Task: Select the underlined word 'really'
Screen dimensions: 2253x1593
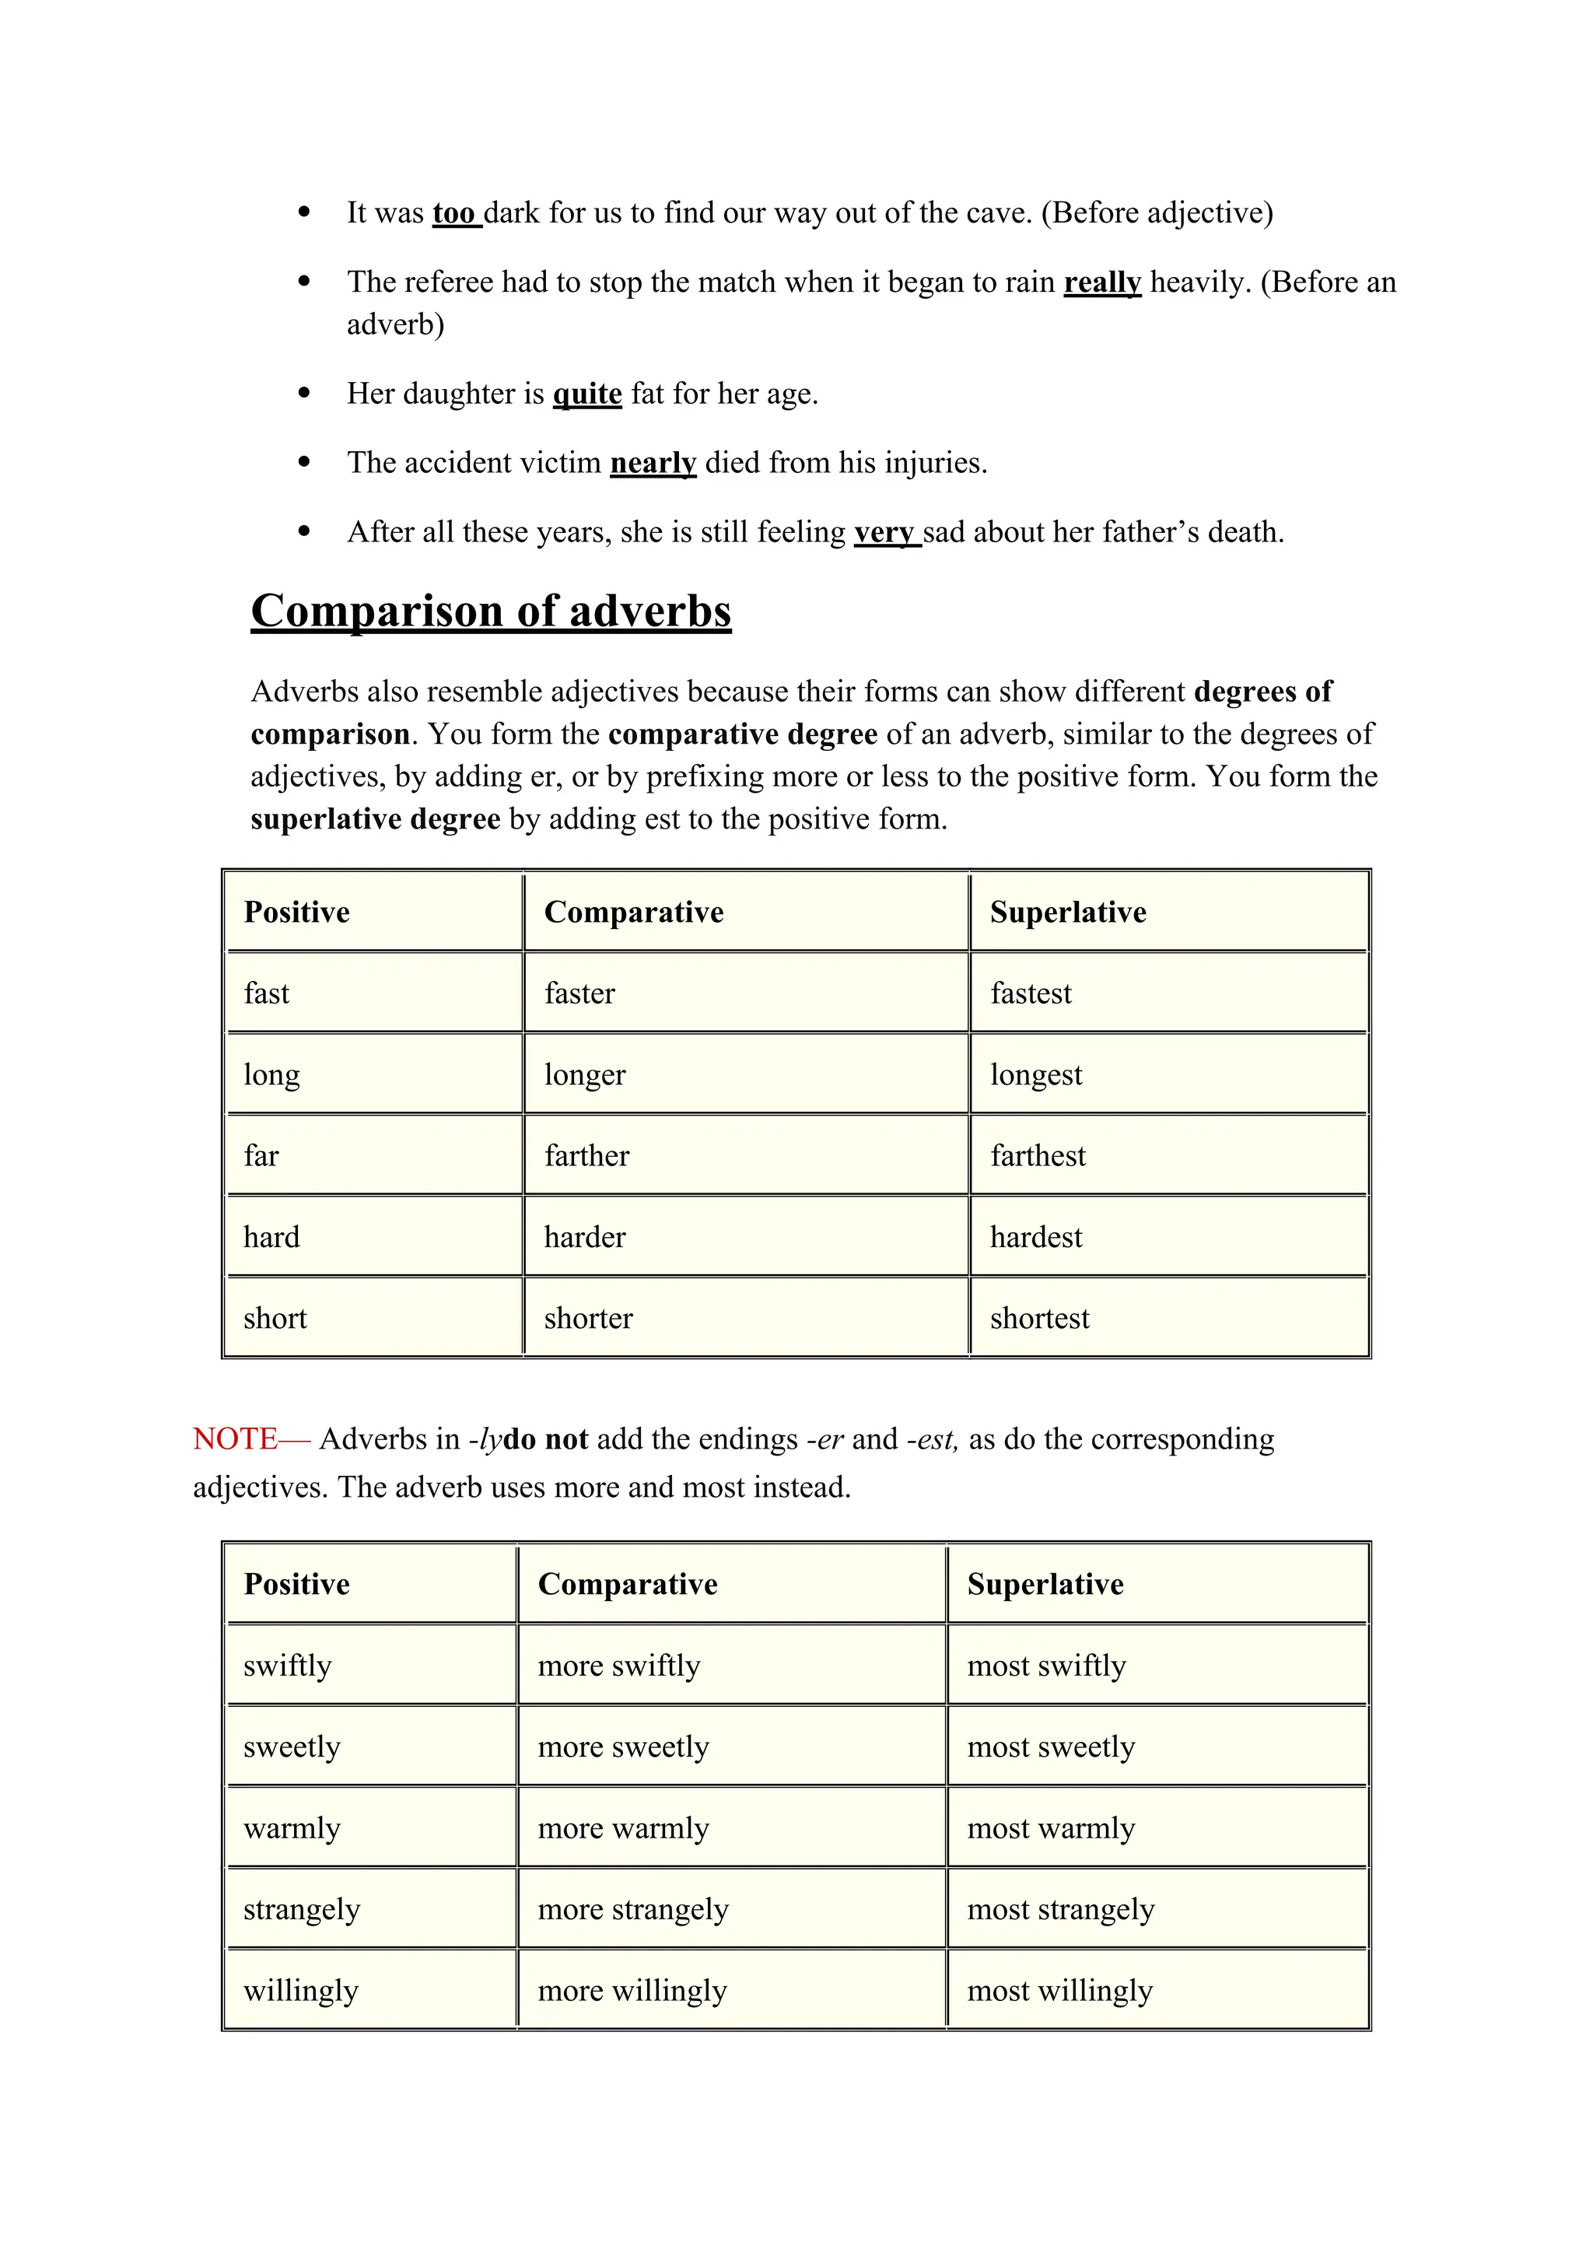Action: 1101,282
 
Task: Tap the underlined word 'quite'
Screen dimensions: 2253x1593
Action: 586,394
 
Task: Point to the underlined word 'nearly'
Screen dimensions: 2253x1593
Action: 653,462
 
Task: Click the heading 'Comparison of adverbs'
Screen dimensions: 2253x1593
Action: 491,611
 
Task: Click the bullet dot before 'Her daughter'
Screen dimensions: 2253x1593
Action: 304,394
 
